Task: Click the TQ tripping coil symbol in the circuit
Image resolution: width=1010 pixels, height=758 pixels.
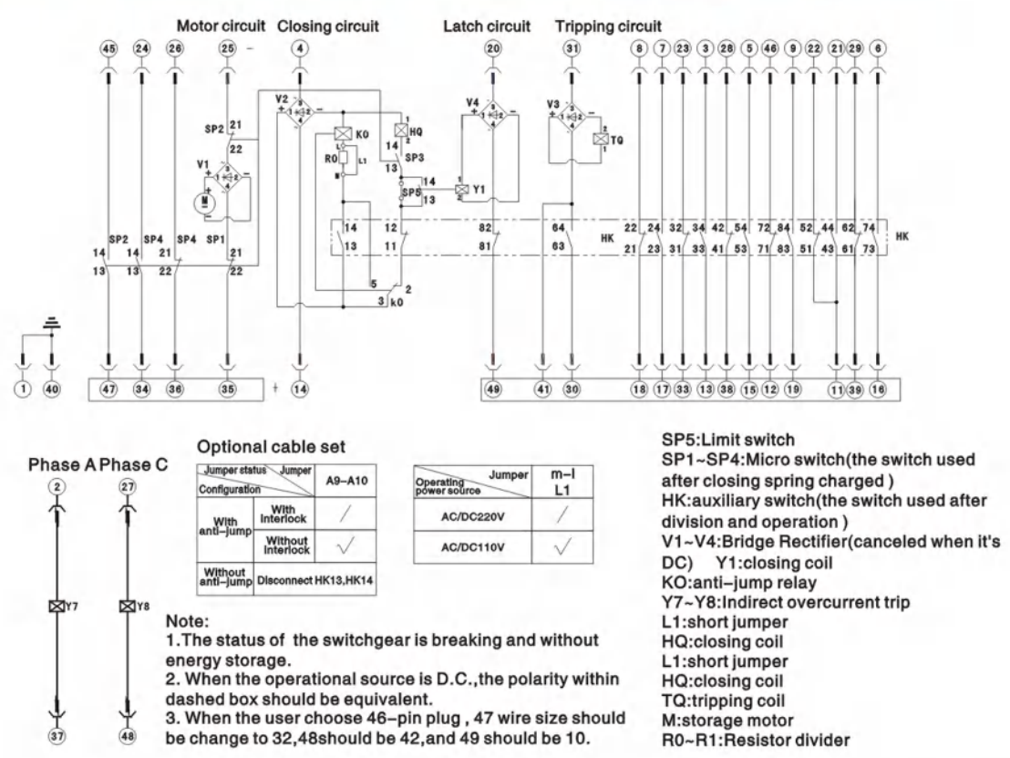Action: click(x=600, y=140)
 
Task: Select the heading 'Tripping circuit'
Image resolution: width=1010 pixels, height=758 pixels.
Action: click(x=608, y=26)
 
